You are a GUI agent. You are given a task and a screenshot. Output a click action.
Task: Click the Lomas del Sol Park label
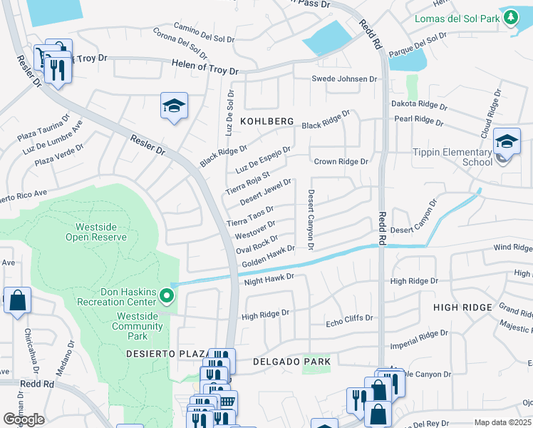pyautogui.click(x=456, y=19)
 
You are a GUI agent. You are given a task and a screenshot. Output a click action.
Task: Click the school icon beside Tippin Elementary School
pyautogui.click(x=507, y=142)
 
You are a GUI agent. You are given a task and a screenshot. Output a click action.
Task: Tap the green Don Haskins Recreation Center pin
pyautogui.click(x=167, y=295)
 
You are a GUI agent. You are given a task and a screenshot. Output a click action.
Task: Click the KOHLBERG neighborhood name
pyautogui.click(x=266, y=122)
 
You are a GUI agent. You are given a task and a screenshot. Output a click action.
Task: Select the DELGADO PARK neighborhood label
pyautogui.click(x=292, y=362)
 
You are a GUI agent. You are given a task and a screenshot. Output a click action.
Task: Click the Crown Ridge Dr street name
pyautogui.click(x=341, y=162)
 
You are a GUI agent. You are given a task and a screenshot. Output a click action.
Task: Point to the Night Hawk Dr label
pyautogui.click(x=269, y=280)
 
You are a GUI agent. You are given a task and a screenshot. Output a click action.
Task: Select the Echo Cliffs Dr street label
pyautogui.click(x=349, y=318)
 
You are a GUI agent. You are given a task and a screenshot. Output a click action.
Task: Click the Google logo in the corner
pyautogui.click(x=24, y=419)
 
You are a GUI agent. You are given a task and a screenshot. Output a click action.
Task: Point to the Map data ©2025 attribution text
pyautogui.click(x=502, y=422)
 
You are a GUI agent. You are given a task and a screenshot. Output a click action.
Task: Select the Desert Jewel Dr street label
pyautogui.click(x=265, y=192)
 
